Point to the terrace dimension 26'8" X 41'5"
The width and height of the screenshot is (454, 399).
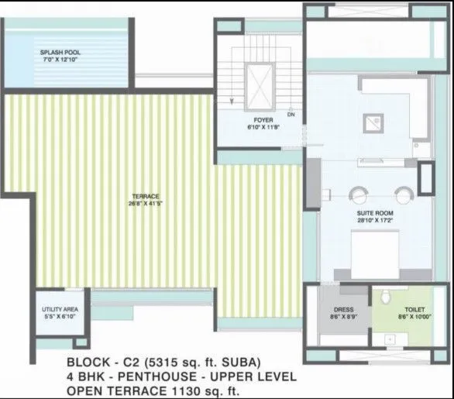pyautogui.click(x=139, y=205)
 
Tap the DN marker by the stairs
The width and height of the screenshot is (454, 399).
pyautogui.click(x=291, y=115)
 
